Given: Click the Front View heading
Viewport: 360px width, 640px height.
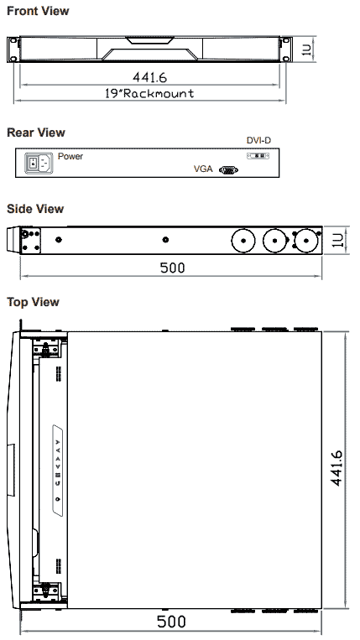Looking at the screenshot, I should [38, 11].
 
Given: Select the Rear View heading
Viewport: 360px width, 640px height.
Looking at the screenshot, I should [35, 133].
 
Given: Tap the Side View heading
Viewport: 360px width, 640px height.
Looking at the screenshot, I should [35, 209].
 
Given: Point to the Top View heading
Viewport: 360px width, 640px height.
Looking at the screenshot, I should [33, 301].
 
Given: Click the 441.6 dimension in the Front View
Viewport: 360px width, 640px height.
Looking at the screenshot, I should [151, 78].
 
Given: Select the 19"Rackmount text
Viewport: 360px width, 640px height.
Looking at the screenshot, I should [150, 93].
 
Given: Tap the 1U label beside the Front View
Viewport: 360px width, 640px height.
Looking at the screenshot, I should [306, 50].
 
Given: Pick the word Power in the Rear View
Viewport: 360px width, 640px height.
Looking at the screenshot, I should [70, 156].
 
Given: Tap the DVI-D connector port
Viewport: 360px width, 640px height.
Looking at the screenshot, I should [258, 156].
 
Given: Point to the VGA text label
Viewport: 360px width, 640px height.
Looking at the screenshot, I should [203, 169].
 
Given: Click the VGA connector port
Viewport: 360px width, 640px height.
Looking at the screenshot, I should [227, 169].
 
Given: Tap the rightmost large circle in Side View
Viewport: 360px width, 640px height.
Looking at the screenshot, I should [306, 240].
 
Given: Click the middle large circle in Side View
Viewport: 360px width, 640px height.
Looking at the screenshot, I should [275, 240].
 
